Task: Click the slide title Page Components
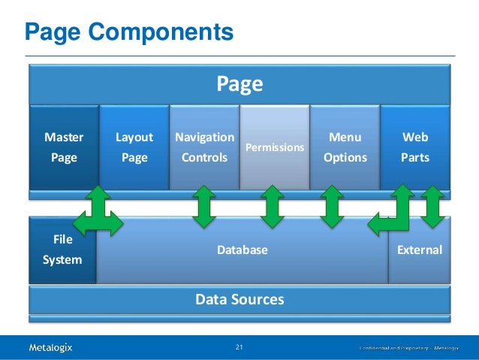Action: pos(128,32)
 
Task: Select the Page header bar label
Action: pos(239,84)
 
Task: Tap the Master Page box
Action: pos(64,147)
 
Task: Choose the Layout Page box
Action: pos(134,147)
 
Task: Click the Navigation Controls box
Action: pos(203,147)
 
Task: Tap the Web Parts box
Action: pos(415,147)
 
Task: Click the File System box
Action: pos(62,250)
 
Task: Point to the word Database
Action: pos(242,250)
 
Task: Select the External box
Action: pos(419,250)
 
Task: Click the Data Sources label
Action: pos(239,300)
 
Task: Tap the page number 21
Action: pos(239,347)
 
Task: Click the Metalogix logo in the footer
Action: pos(50,347)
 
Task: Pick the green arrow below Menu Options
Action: pos(330,207)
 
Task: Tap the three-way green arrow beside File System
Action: pos(98,213)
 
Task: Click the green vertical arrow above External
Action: pos(432,207)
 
